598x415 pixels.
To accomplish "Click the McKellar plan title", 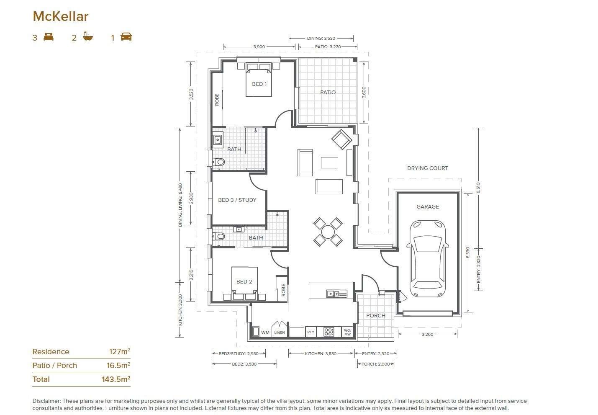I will pos(61,16).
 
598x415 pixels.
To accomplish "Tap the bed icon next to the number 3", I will pos(49,37).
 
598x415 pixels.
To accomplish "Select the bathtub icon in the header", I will pos(87,37).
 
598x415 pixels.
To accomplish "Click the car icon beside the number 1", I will pos(126,37).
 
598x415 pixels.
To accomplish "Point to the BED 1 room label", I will pos(259,84).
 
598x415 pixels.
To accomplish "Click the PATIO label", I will pos(328,92).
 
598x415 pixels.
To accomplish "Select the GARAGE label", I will pos(427,206).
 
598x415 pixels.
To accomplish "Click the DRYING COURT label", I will pos(427,168).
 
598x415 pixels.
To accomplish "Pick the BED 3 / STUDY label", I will pos(237,200).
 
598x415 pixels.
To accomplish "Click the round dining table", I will pos(328,232).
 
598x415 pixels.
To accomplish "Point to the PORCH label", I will pos(375,315).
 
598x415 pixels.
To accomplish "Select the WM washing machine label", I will pos(265,333).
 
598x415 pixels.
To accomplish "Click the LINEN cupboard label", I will pos(279,333).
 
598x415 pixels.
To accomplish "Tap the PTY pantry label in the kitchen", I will pos(311,332).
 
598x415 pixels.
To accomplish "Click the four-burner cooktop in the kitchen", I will pos(329,332).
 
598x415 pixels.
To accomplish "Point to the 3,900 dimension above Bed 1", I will pos(259,46).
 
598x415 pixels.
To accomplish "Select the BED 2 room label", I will pos(244,281).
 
